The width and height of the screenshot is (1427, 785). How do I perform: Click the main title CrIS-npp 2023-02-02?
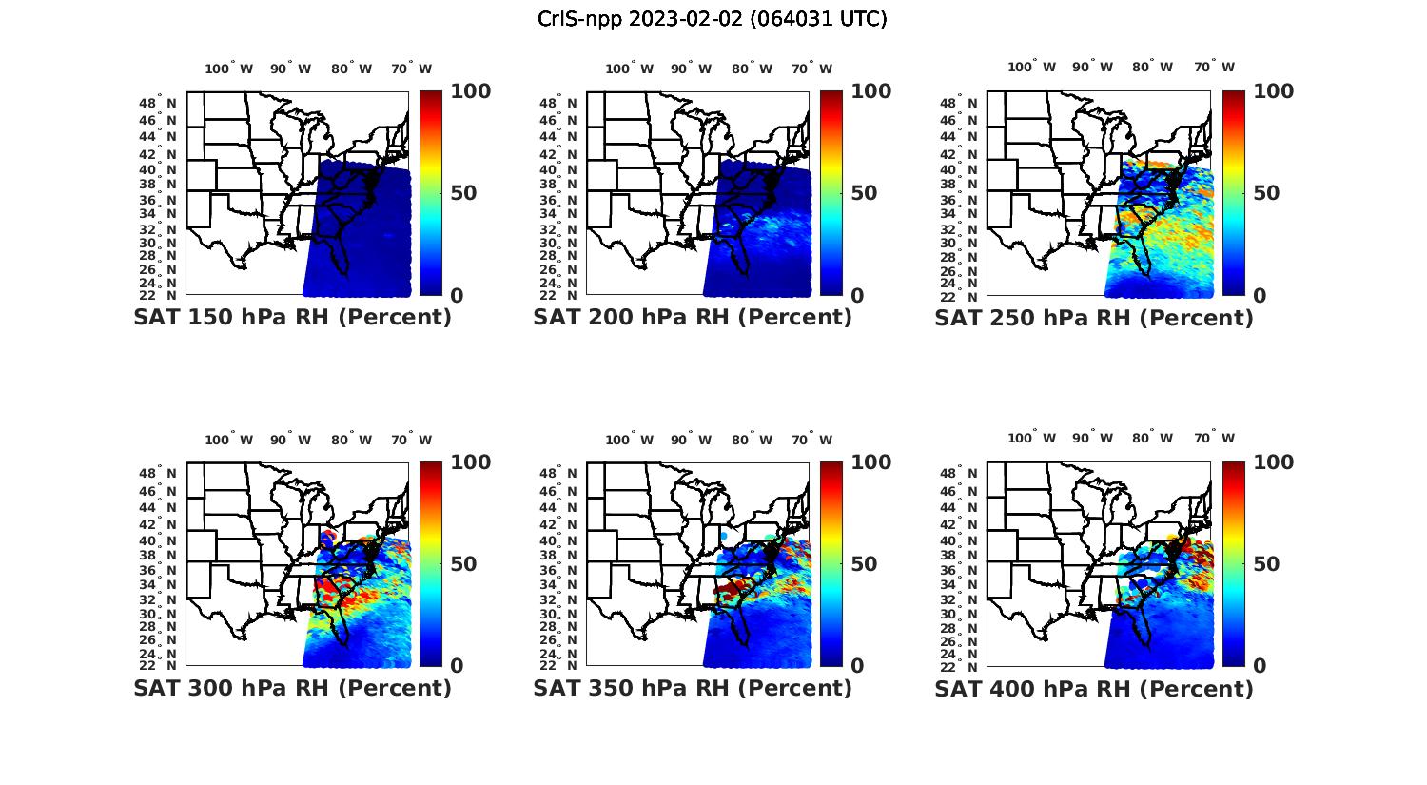[712, 19]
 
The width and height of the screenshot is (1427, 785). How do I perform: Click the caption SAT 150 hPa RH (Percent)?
[292, 318]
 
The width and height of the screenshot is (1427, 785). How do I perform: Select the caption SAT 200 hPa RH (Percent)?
[693, 318]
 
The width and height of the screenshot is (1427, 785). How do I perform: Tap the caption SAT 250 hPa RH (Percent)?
[1094, 318]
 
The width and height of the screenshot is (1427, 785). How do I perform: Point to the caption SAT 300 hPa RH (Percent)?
[292, 688]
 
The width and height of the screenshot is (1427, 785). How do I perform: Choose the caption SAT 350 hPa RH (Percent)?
[693, 688]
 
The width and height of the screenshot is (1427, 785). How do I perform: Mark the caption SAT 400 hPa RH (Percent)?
[1094, 688]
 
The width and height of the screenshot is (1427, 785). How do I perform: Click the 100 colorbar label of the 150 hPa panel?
[470, 91]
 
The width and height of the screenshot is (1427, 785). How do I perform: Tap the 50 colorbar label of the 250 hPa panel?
[1266, 193]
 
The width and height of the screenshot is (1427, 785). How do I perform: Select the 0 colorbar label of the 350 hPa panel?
[857, 666]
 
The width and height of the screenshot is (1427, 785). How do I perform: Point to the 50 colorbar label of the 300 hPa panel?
[463, 564]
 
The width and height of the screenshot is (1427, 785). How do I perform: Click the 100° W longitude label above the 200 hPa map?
[629, 69]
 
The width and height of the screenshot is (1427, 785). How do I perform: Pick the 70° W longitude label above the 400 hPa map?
[1215, 439]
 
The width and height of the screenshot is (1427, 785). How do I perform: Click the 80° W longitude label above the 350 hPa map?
[752, 440]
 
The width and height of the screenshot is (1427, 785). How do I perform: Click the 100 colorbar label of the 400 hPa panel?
[1274, 462]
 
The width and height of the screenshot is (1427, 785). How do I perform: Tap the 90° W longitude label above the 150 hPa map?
[290, 69]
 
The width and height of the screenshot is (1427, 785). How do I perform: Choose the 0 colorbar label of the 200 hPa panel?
[857, 296]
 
